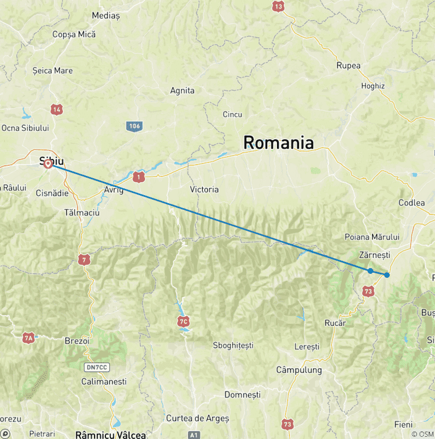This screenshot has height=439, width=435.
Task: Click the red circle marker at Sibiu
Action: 48,164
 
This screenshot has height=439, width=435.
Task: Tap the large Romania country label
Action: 278,143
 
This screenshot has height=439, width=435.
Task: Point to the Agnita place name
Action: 182,91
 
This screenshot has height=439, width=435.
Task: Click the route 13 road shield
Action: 278,7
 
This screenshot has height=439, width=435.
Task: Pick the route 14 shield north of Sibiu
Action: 56,109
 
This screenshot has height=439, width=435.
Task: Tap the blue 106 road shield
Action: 134,126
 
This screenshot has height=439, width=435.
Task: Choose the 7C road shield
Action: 182,321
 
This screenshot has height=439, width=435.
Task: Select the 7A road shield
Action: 28,338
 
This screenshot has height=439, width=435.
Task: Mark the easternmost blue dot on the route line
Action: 387,275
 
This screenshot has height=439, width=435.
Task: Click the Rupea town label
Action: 348,66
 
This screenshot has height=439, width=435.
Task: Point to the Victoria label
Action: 204,190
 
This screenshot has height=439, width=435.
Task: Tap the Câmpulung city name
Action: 298,370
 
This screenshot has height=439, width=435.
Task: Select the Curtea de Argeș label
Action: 197,418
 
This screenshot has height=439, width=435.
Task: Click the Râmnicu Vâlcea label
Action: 110,435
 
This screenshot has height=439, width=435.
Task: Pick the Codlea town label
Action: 411,203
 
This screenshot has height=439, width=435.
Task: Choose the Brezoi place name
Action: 77,342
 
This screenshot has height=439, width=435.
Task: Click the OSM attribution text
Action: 427,434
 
